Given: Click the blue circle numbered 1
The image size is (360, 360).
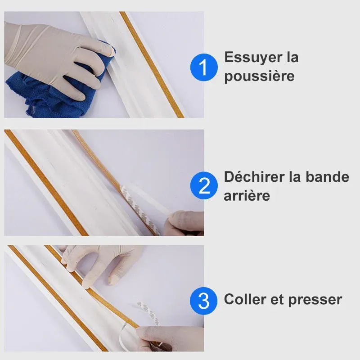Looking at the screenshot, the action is [204, 67].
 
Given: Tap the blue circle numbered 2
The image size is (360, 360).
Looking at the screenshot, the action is [204, 185].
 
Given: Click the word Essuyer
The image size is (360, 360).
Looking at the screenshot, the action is [253, 58].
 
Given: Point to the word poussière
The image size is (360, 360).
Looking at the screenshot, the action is [259, 76].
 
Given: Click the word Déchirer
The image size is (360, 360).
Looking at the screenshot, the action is [255, 177].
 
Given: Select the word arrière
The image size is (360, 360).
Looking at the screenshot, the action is [247, 196].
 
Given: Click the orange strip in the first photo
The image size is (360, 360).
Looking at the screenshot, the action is [152, 64].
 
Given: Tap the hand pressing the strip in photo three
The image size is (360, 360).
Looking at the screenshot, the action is [101, 264].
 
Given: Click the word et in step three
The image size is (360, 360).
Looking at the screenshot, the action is [277, 300].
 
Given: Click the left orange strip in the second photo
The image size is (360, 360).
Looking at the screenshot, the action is [46, 183].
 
